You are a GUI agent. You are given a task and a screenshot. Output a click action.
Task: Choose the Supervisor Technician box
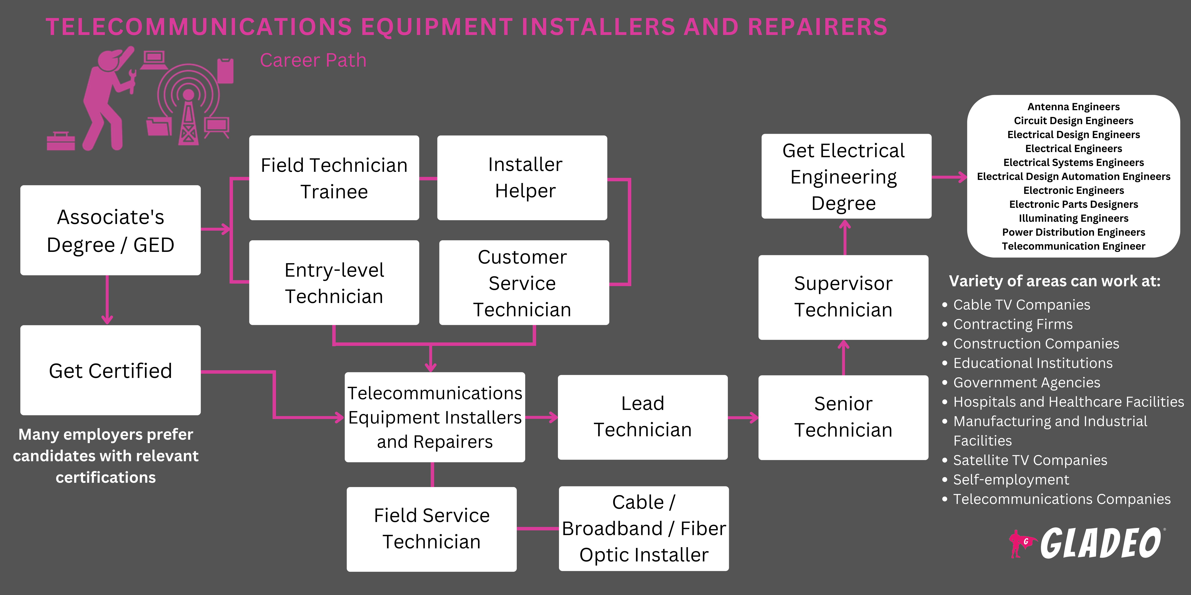pyautogui.click(x=843, y=297)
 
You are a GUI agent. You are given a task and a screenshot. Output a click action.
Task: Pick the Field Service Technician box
pyautogui.click(x=431, y=529)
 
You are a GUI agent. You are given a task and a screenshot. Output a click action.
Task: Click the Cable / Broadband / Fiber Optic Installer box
pyautogui.click(x=644, y=529)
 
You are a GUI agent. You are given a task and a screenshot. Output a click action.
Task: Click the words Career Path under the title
pyautogui.click(x=313, y=61)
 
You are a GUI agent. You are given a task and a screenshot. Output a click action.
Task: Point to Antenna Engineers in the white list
pyautogui.click(x=1073, y=107)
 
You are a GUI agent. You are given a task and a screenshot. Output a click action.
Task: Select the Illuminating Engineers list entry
pyautogui.click(x=1073, y=218)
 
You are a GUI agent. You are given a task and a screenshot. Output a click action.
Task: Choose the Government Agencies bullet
pyautogui.click(x=1026, y=383)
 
